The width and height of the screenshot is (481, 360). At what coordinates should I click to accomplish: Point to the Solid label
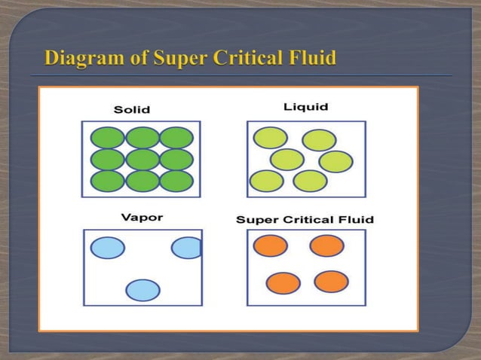132,110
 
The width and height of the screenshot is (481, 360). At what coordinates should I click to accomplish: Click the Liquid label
306,107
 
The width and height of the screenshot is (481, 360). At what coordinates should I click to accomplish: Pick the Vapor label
142,218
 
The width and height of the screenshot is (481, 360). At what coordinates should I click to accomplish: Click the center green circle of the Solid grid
142,160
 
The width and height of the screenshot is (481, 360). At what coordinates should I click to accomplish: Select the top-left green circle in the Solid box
108,138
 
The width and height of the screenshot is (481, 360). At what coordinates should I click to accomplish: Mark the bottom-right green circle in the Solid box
176,182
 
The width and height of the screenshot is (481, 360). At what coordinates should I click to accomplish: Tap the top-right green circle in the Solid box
176,138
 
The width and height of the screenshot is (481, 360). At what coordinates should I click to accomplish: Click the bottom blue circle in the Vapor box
142,290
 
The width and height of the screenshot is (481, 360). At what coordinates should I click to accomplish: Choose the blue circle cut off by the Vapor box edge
187,248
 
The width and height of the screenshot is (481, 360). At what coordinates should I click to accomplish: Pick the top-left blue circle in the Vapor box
108,248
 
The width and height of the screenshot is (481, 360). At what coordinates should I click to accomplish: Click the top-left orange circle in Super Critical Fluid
271,246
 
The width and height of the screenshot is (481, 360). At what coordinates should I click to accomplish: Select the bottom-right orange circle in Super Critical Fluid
331,282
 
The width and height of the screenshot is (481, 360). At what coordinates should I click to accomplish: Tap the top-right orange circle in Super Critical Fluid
326,246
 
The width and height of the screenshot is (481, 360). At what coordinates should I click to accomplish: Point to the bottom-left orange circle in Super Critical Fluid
283,283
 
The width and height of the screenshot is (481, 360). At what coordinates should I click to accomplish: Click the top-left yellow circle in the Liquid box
270,138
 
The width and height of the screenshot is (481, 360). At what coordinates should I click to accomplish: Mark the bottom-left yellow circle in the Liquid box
266,182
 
